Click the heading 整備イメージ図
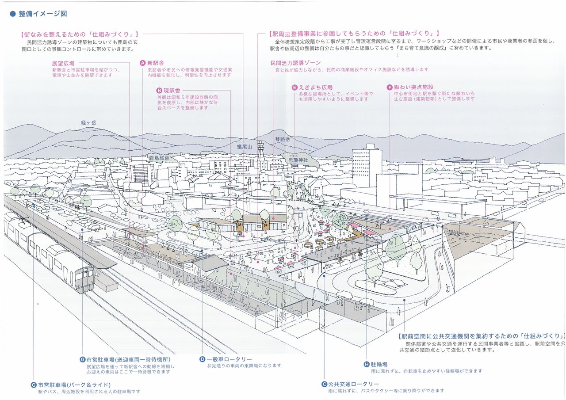pos(42,14)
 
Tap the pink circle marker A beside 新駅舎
pos(142,63)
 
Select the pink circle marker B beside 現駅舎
pos(153,90)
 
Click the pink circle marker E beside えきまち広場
pos(294,88)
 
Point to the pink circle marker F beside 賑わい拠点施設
pos(390,88)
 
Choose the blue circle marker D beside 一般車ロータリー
pos(202,359)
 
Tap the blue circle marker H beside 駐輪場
pos(366,365)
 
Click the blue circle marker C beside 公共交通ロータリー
pos(324,385)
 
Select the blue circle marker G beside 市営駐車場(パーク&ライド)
pos(34,385)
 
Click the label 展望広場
pos(63,63)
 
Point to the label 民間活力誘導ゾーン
pos(295,63)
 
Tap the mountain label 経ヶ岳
pos(88,122)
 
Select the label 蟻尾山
pos(244,146)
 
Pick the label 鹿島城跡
pos(159,158)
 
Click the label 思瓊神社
pos(297,160)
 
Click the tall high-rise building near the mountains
pos(367,166)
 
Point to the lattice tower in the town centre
pos(261,156)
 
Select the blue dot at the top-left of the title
pos(12,14)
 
